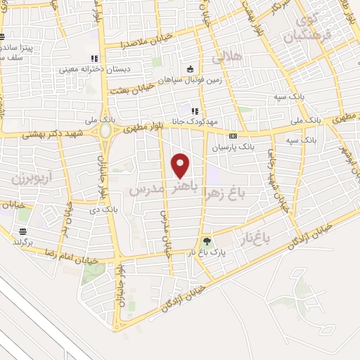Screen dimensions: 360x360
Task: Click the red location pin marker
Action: (181, 165)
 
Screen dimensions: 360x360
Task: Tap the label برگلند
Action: (22, 241)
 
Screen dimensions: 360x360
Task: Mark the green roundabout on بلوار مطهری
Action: (105, 131)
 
